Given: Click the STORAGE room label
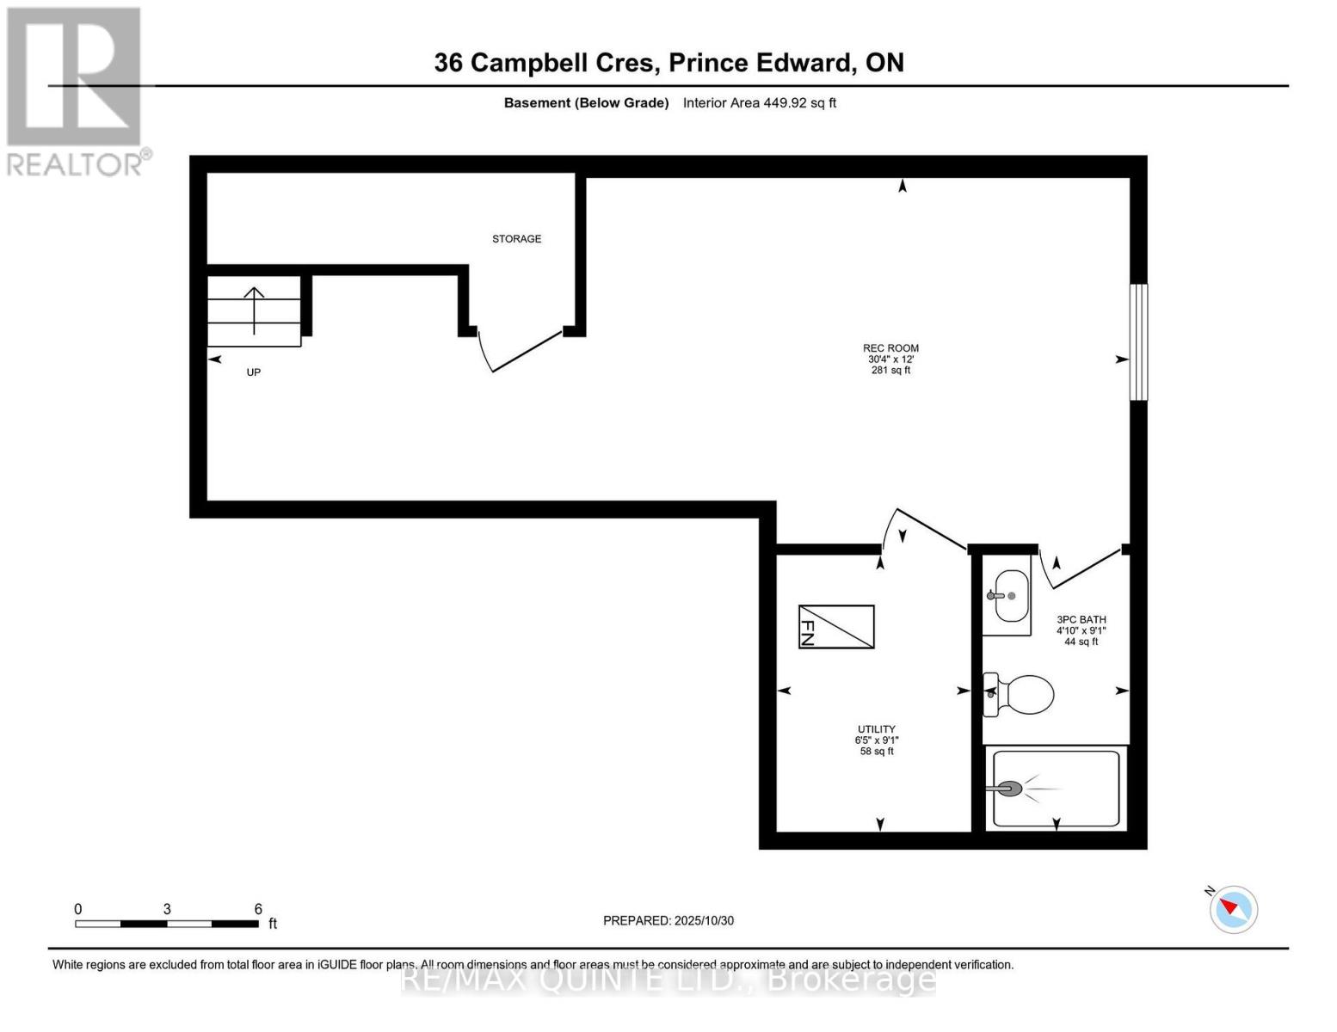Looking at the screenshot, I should point(516,239).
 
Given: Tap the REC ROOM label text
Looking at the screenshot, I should point(890,348).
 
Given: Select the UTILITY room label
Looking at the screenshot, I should point(876,729).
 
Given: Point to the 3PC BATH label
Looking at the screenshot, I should point(1081,619).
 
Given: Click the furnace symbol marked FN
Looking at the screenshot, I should point(835,626).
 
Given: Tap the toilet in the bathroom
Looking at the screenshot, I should point(1020,694).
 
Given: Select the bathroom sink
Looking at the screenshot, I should point(1008,595).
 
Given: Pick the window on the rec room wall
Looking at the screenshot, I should point(1137,341).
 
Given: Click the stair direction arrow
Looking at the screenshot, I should point(254,310).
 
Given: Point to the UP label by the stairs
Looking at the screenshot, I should point(253,372).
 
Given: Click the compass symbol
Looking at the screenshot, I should point(1234,908).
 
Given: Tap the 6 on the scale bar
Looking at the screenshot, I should point(258,909).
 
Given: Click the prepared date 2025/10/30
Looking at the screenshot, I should point(704,920).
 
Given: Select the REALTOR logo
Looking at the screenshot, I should point(76,90).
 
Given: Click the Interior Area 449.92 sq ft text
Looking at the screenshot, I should point(759,103).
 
